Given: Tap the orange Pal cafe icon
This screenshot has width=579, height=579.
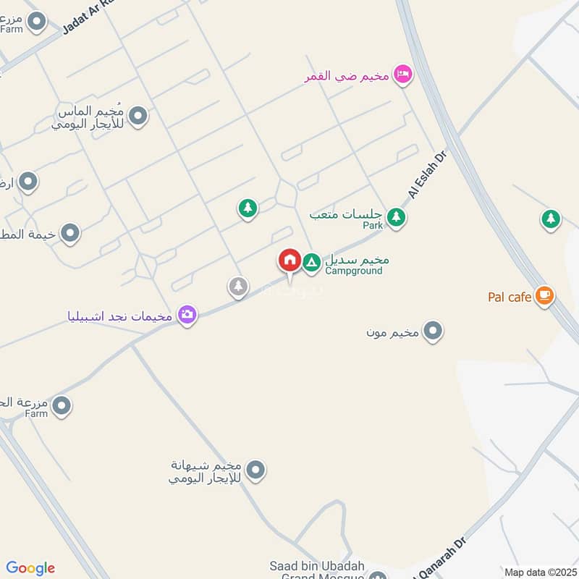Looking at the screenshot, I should (x=544, y=295).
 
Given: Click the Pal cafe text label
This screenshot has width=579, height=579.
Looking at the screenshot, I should (x=510, y=296).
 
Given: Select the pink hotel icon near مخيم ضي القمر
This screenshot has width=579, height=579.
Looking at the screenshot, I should (x=403, y=74).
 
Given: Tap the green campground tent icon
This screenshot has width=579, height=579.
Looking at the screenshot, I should (x=311, y=262).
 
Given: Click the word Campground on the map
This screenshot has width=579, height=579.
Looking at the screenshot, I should (x=353, y=271).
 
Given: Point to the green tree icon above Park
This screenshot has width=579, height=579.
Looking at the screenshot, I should (x=395, y=216).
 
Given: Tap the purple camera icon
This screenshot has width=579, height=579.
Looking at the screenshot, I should (x=187, y=315).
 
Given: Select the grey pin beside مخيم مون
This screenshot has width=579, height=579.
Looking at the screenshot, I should (x=433, y=332).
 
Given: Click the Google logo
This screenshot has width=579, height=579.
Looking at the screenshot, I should (x=30, y=568).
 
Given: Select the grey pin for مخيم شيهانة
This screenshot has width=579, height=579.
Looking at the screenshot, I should (x=255, y=470).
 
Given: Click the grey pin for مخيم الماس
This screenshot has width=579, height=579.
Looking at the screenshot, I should (x=138, y=116).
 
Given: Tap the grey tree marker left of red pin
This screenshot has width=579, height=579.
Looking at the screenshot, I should (x=238, y=287).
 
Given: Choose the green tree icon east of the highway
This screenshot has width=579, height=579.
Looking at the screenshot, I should (x=551, y=218).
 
